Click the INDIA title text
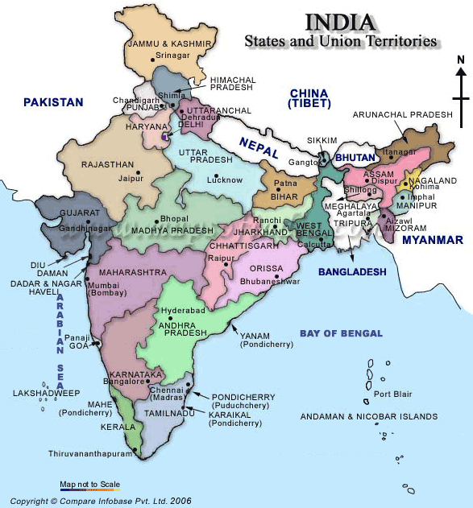pyautogui.click(x=340, y=22)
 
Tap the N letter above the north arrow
pyautogui.click(x=460, y=60)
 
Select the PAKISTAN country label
pyautogui.click(x=53, y=102)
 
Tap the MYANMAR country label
pyautogui.click(x=433, y=240)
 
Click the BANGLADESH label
pyautogui.click(x=352, y=272)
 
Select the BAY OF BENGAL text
pyautogui.click(x=340, y=332)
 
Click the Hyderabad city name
pyautogui.click(x=183, y=310)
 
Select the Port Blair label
pyautogui.click(x=393, y=394)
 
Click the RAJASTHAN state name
pyautogui.click(x=106, y=164)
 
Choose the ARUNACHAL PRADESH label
pyautogui.click(x=403, y=115)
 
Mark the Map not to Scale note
pyautogui.click(x=89, y=484)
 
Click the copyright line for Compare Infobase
pyautogui.click(x=101, y=500)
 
